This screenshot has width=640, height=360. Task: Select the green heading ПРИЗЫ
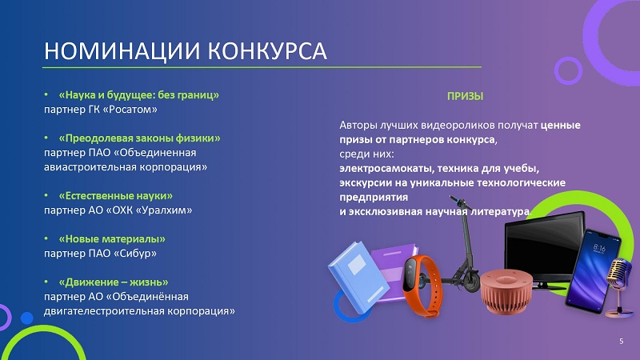pos(465,96)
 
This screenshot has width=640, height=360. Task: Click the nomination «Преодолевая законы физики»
pos(139,138)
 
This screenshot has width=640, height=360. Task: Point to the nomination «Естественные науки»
pos(115,195)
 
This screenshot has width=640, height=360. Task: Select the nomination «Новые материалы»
pos(112,238)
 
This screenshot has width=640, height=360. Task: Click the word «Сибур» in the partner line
pos(134,254)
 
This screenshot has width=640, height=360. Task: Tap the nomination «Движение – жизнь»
pos(114,282)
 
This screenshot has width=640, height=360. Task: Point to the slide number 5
pos(622,342)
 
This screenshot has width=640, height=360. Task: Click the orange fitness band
pos(422,286)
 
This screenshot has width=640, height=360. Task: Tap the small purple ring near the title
pos(568,70)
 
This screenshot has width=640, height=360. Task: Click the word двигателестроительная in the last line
pos(97,311)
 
